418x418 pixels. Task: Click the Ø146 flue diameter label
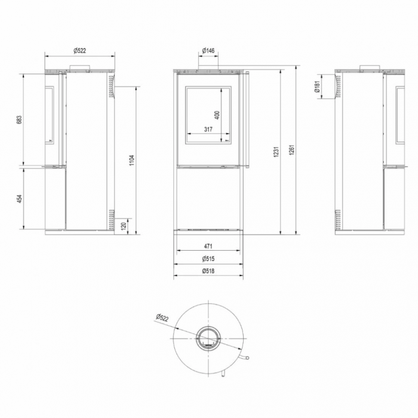pos(208,51)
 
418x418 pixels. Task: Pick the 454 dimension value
pos(19,198)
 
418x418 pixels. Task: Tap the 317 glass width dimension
pos(207,129)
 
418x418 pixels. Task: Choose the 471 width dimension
pos(208,245)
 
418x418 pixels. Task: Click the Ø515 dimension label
pos(208,259)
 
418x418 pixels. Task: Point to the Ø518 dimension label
pos(208,271)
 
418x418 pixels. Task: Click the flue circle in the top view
pos(208,338)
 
